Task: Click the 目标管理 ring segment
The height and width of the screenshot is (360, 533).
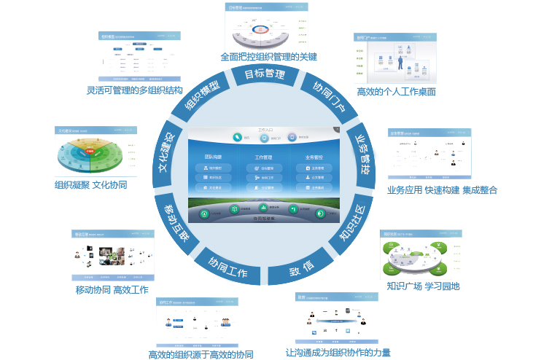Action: [x=264, y=75]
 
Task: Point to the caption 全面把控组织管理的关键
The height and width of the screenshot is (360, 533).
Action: [x=268, y=56]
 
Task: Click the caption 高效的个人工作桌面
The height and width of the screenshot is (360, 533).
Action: [x=396, y=92]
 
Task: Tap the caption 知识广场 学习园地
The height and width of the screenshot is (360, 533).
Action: [x=423, y=286]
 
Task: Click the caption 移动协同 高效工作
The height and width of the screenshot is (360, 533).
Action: [x=112, y=290]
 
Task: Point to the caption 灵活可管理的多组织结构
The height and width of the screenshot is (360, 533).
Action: [x=134, y=91]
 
